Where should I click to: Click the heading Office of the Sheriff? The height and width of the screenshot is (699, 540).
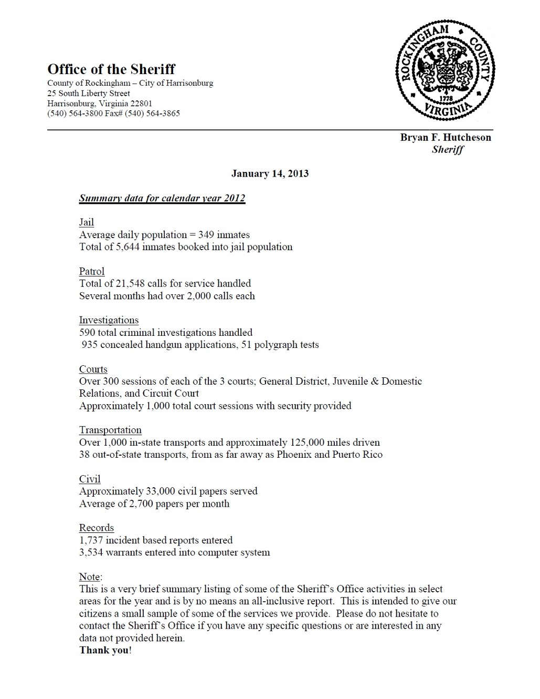111,69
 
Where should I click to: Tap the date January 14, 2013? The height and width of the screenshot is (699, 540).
270,173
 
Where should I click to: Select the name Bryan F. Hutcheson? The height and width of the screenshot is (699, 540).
446,138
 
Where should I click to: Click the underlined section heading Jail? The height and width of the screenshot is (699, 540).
87,222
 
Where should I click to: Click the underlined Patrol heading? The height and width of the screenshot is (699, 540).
92,271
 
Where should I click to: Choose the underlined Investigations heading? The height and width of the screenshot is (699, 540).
109,320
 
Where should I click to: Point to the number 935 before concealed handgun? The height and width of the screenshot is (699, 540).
90,345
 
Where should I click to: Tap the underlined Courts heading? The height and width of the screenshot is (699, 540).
93,369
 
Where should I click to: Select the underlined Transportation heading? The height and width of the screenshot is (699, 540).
110,430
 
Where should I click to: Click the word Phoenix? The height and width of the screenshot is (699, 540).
294,455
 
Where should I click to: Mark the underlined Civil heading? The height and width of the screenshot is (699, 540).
90,479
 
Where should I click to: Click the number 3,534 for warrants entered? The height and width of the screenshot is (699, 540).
91,552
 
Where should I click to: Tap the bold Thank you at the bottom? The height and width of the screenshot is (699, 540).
104,650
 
